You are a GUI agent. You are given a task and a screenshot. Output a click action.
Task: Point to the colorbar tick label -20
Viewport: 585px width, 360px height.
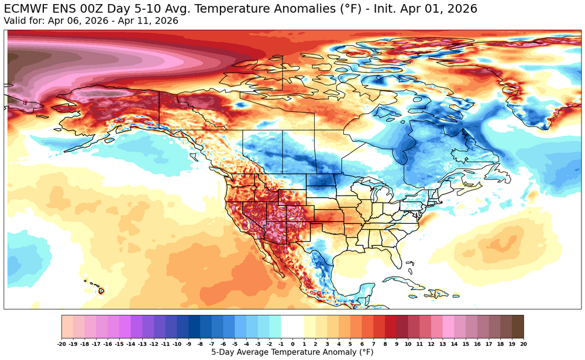(61, 344)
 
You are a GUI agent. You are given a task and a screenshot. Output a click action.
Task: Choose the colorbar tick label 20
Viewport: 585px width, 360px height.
(523, 344)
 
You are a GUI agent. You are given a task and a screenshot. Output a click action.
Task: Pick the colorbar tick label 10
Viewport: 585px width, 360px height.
(408, 344)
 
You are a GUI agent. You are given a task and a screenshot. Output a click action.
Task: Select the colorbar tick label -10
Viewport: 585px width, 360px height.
(177, 344)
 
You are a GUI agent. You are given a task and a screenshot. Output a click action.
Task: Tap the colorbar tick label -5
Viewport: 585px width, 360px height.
(235, 344)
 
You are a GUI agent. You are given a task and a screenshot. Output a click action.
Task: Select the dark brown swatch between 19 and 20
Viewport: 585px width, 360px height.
(517, 326)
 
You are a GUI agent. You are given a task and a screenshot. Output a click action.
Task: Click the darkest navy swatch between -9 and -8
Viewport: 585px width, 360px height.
(194, 326)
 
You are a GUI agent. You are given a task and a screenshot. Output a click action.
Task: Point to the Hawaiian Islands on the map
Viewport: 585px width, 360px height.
(97, 287)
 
